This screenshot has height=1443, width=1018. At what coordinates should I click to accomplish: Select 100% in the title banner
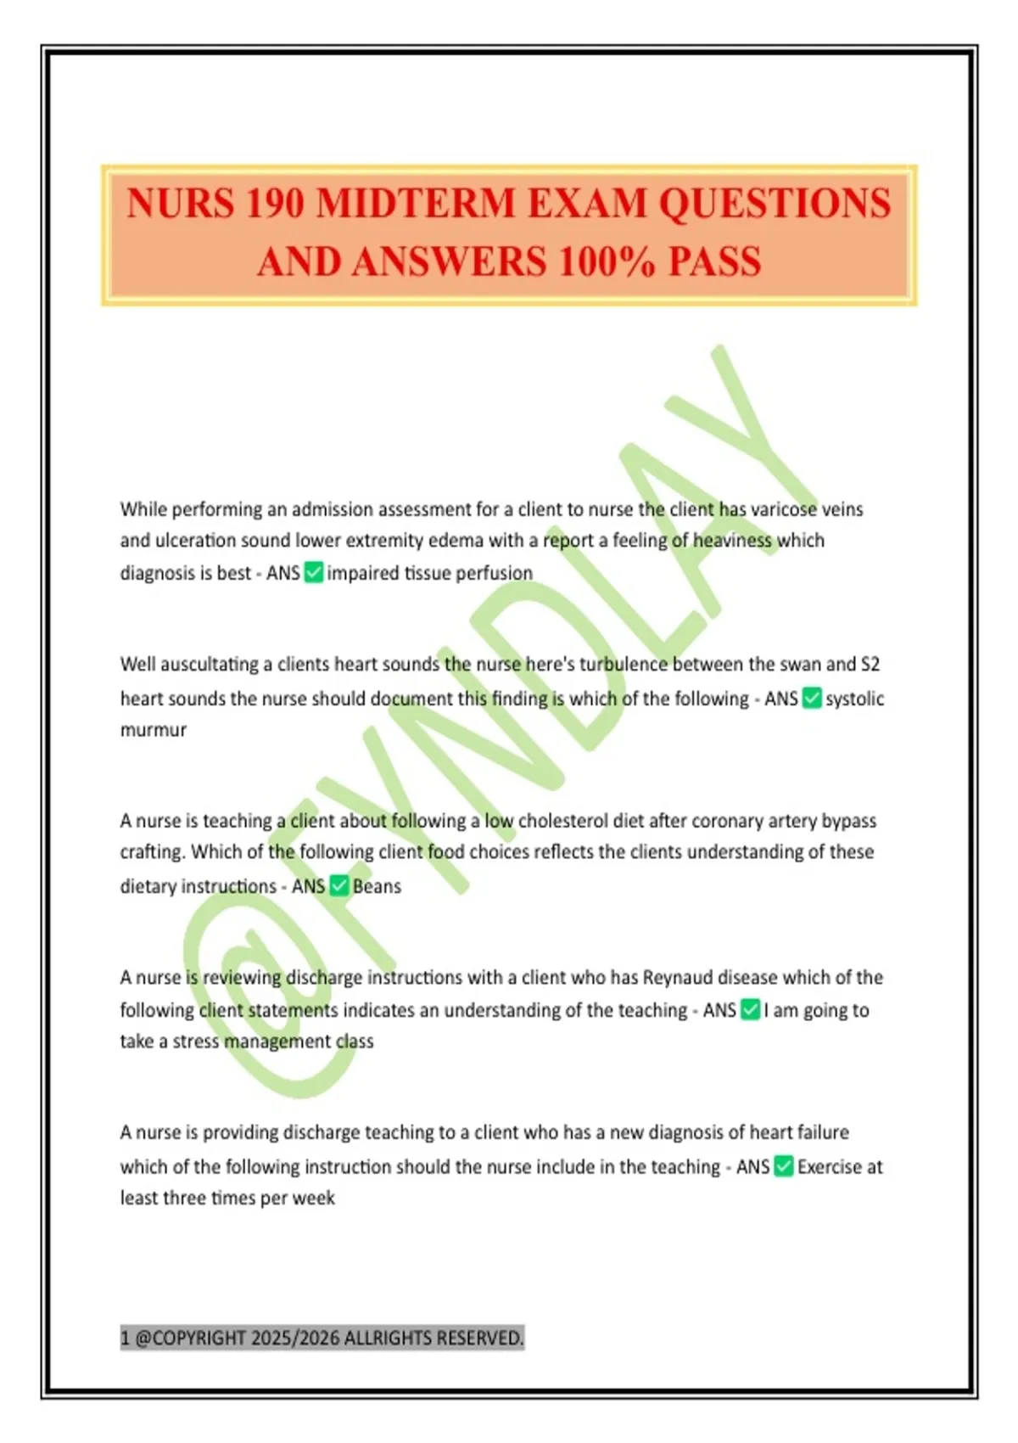(607, 262)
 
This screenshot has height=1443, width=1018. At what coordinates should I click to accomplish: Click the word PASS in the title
(714, 262)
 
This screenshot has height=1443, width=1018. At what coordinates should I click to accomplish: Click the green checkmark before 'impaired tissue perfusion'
(314, 573)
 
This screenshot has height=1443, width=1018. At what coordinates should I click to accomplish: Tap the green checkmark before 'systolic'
(812, 699)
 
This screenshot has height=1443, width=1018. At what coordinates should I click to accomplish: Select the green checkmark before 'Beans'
(339, 886)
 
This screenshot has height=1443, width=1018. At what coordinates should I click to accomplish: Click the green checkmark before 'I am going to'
(750, 1010)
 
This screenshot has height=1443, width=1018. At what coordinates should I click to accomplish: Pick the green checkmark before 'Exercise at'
(784, 1167)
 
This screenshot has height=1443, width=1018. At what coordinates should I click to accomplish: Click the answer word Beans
(378, 886)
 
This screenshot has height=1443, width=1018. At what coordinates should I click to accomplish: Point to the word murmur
(154, 730)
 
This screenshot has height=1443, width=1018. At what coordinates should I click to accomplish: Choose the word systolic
(855, 699)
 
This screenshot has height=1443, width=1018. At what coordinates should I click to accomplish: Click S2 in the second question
(870, 665)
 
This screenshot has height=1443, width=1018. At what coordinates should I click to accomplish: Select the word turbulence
(624, 665)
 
